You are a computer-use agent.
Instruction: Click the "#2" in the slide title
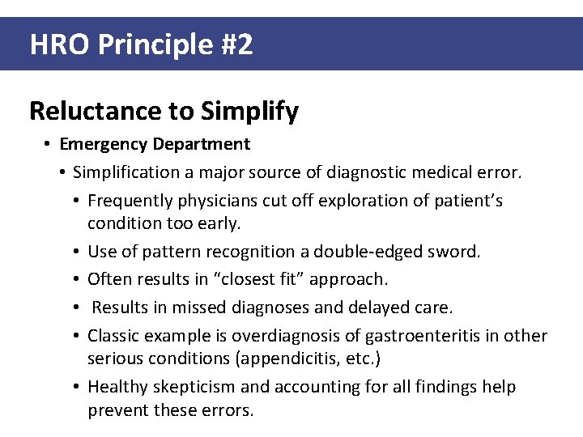point(236,45)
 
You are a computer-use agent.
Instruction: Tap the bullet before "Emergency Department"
point(49,144)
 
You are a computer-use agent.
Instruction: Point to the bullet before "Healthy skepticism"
point(78,387)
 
